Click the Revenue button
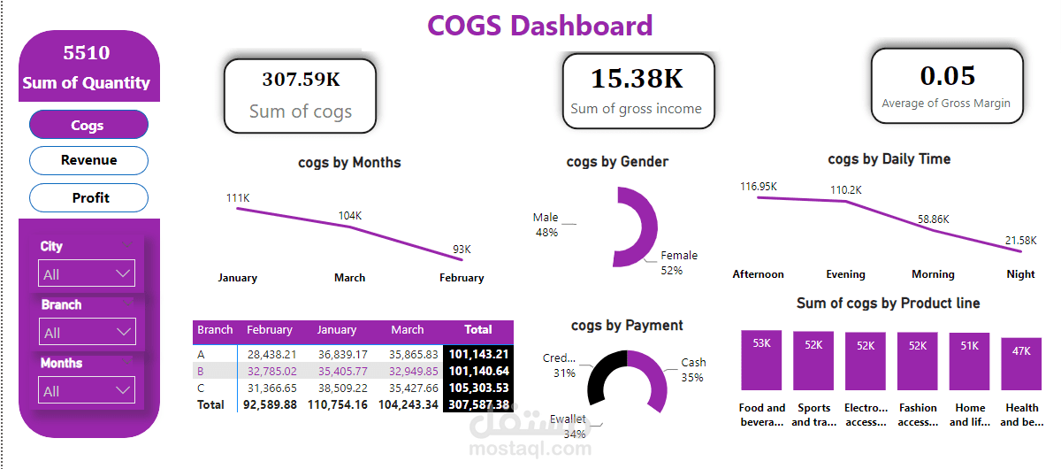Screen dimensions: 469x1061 pos(88,160)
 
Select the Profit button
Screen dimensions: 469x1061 pos(88,197)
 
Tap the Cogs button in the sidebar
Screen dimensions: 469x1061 pos(88,125)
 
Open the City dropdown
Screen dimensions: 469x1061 pos(87,274)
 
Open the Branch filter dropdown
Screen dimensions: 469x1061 pos(87,333)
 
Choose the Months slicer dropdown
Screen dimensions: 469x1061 pos(87,390)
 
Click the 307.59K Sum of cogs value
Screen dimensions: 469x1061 pos(301,80)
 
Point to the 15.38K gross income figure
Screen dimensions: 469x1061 pos(637,79)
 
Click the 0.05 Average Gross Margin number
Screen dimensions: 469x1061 pos(947,76)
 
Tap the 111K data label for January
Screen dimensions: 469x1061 pos(238,198)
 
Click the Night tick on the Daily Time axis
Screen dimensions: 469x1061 pos(1020,274)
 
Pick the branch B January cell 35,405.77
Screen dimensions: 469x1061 pos(337,371)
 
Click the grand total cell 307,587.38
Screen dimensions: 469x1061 pos(477,404)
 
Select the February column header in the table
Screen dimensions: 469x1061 pos(270,330)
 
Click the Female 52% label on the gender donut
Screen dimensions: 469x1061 pos(679,262)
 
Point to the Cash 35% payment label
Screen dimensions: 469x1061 pos(693,369)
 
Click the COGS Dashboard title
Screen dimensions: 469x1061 pos(540,26)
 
